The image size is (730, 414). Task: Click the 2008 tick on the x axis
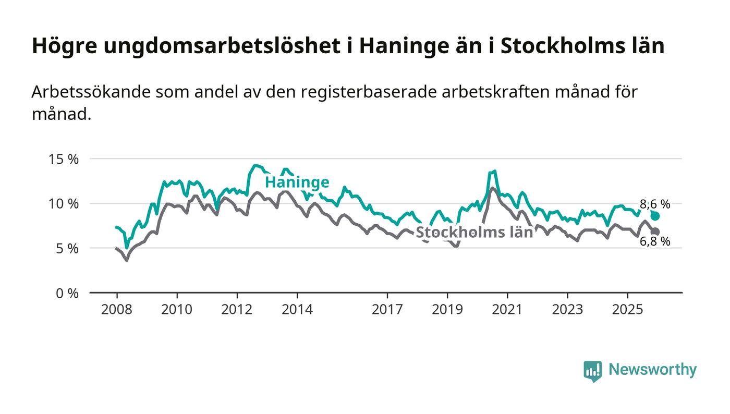[116, 309]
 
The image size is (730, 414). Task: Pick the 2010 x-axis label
[177, 309]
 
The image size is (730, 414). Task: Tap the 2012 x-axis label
[237, 309]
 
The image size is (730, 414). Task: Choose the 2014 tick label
[297, 309]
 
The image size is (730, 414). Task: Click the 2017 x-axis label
[387, 309]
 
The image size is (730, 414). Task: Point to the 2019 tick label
[447, 309]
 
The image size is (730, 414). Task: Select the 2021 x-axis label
[507, 309]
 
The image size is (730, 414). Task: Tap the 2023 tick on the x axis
[568, 309]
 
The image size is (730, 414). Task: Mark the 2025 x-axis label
[628, 309]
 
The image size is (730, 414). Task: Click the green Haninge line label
[297, 182]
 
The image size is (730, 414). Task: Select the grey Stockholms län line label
[474, 233]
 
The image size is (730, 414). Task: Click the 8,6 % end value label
[655, 204]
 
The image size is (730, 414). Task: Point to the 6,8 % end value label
[655, 241]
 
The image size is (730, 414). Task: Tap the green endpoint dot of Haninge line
[655, 216]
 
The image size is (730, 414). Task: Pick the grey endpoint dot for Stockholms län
[655, 232]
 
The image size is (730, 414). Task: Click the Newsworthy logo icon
[592, 371]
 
